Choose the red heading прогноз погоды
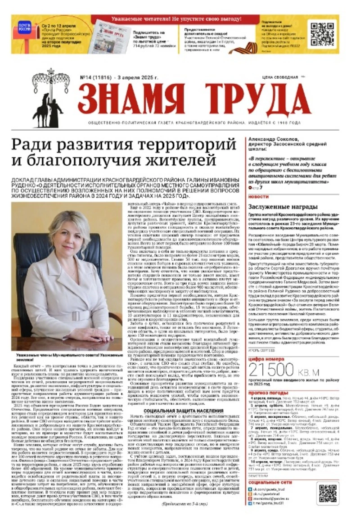266,393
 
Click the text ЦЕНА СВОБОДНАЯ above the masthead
284,77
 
